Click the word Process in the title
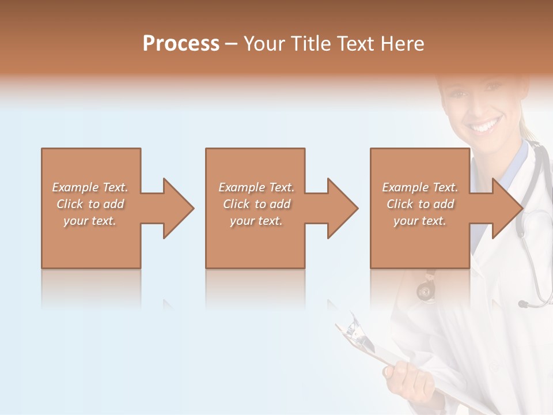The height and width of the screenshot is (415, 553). [x=181, y=44]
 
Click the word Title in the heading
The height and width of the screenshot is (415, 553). [x=310, y=44]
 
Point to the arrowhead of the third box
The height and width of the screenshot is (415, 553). [x=506, y=208]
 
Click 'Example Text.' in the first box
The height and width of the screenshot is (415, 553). [x=90, y=187]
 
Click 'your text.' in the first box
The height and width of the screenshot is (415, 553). [x=90, y=221]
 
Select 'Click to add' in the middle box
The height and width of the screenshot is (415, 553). [x=256, y=204]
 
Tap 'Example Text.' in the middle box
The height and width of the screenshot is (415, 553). [x=256, y=187]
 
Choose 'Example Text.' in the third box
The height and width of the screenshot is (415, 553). [x=420, y=187]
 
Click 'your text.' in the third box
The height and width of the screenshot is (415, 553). [x=420, y=221]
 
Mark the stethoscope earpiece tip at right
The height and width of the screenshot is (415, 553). [x=522, y=304]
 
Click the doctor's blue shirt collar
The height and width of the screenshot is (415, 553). [x=518, y=159]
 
